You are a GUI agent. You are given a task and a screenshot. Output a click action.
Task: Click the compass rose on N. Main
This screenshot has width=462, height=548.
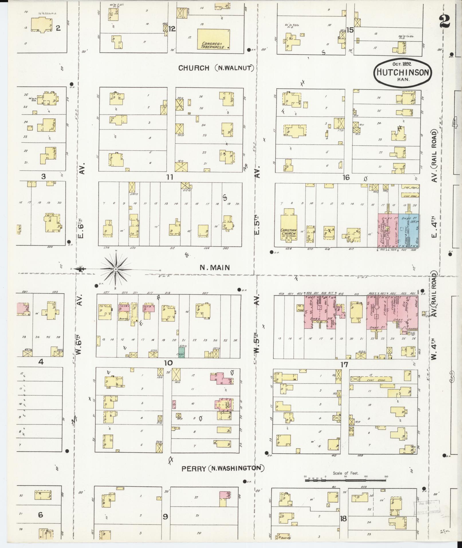click(115, 269)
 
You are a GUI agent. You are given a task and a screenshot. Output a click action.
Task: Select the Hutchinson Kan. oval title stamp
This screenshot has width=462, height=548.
click(403, 72)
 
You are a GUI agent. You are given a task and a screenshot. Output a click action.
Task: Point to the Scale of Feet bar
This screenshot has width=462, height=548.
click(345, 478)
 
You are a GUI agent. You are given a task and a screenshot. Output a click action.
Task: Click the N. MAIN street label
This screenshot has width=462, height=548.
click(215, 268)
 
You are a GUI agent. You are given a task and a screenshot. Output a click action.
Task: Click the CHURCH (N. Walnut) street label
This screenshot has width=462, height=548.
click(216, 68)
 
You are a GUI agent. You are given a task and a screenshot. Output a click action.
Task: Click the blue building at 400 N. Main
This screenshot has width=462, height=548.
click(409, 231)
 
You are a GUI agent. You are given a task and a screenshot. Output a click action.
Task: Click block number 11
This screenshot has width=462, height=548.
click(170, 177)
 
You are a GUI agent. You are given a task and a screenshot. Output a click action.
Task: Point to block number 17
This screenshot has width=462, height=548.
click(344, 365)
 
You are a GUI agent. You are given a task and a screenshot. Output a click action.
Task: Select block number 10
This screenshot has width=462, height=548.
click(168, 363)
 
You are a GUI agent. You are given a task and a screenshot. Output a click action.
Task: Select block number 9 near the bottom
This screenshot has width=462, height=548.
click(165, 516)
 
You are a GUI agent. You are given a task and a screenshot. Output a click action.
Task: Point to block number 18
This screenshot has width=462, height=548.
click(343, 518)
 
